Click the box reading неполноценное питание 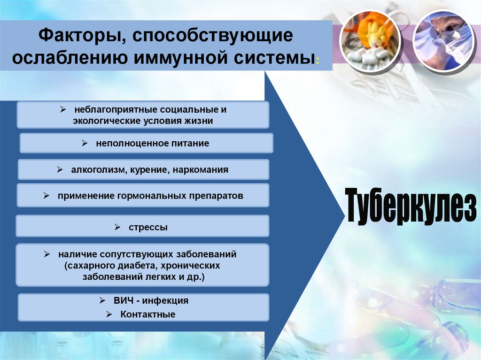tap(146, 143)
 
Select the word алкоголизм tap(97, 170)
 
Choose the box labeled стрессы tap(142, 226)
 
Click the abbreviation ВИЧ tap(123, 300)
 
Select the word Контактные tap(147, 314)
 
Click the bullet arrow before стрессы tap(117, 227)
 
